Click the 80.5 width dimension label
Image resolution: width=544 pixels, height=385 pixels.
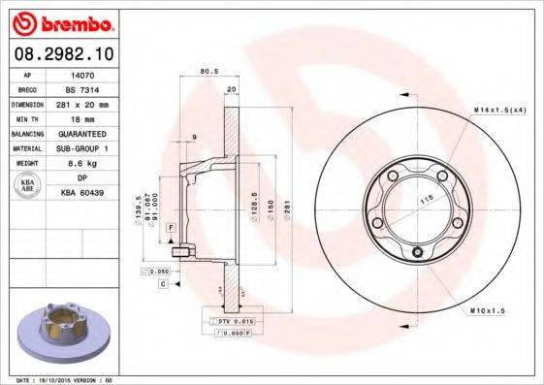207,71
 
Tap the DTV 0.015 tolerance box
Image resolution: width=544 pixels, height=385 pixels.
233,320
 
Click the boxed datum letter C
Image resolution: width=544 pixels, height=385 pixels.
164,284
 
